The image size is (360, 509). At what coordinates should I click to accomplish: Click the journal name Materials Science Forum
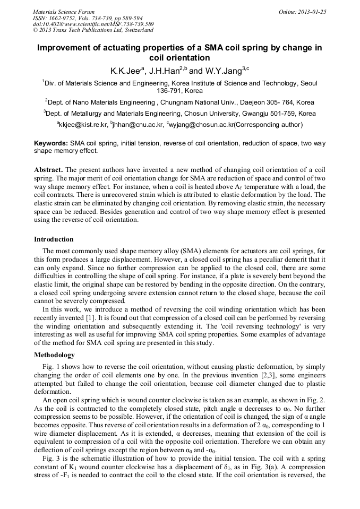64,11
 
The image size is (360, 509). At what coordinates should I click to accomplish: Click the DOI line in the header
93,24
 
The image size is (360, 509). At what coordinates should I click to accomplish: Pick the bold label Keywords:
51,143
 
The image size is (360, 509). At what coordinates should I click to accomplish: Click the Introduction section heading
54,239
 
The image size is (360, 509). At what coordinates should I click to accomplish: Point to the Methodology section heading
54,355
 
